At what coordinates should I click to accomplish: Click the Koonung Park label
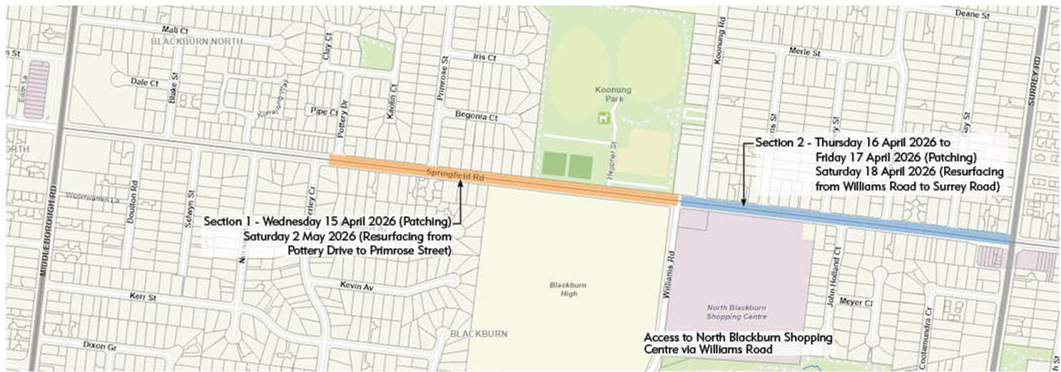609,94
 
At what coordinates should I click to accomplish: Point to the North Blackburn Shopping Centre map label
737,311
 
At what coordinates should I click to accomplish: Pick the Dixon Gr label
98,345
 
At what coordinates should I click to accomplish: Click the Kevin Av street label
355,286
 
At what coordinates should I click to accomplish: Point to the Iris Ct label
484,56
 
